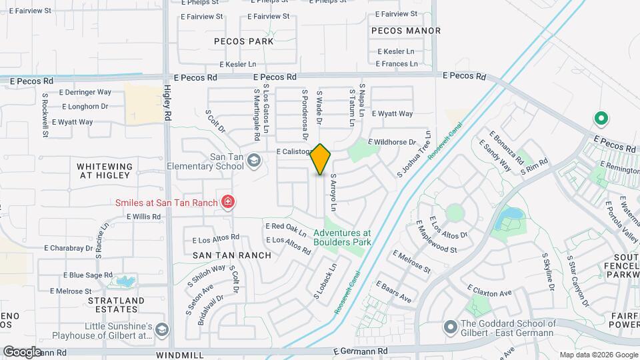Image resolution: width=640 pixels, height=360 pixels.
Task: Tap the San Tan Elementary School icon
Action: click(x=254, y=160)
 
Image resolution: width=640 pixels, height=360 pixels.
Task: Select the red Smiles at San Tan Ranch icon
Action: click(x=228, y=201)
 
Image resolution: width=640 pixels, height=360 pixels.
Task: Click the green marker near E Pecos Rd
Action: click(x=601, y=119)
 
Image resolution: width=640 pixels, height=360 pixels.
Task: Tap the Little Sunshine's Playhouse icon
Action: click(x=161, y=329)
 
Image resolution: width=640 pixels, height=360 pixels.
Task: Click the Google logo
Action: click(x=23, y=351)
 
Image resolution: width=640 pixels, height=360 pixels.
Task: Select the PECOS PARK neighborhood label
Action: click(x=244, y=41)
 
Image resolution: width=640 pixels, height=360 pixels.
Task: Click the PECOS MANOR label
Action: click(x=406, y=31)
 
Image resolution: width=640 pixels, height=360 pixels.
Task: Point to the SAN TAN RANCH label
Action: click(x=232, y=255)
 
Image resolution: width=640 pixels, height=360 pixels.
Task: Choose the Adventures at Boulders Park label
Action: click(x=342, y=237)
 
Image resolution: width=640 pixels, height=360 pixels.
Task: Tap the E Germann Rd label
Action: click(x=360, y=350)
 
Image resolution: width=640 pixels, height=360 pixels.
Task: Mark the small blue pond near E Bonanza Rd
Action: click(x=511, y=215)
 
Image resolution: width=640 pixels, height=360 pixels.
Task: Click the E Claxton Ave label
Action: click(x=490, y=292)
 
